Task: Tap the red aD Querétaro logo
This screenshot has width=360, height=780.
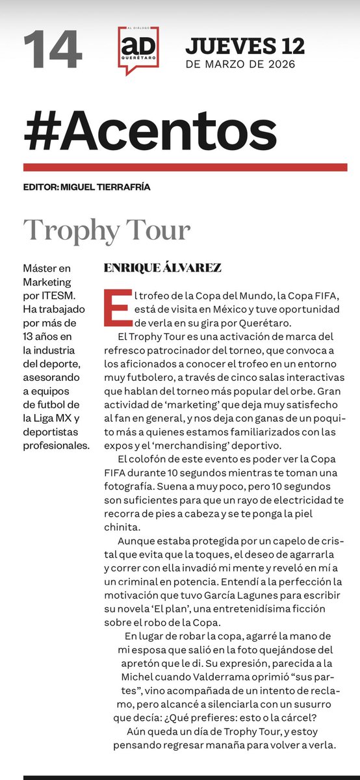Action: coord(138,49)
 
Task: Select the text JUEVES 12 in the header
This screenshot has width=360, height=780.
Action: coord(244,45)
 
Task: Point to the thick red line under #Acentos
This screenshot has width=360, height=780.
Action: coord(179,167)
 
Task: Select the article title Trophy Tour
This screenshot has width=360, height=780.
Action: coord(107,230)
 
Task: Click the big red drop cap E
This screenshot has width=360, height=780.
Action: coord(116,307)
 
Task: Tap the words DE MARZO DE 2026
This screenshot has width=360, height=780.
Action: coord(240,64)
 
